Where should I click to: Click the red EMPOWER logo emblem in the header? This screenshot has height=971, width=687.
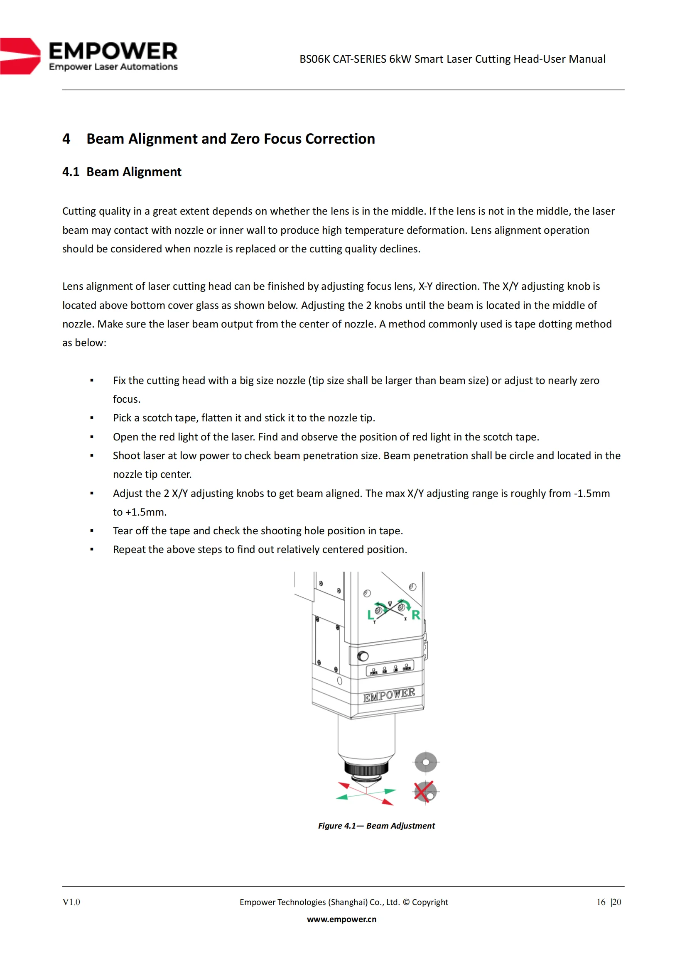click(x=20, y=56)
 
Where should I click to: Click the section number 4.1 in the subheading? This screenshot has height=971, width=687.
click(x=71, y=172)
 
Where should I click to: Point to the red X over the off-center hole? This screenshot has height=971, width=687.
click(x=423, y=791)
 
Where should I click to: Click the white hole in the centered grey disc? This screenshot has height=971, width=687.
click(x=426, y=763)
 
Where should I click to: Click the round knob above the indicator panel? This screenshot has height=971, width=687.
click(x=363, y=656)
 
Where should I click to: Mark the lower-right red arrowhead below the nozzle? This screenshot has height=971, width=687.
click(x=388, y=801)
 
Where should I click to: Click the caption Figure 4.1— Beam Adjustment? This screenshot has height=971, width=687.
click(x=376, y=826)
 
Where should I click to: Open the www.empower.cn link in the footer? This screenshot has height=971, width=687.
click(x=342, y=919)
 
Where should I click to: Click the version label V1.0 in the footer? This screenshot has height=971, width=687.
click(x=71, y=902)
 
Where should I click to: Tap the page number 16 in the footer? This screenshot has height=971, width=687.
click(x=601, y=902)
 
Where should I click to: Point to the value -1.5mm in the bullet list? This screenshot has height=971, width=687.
click(x=592, y=493)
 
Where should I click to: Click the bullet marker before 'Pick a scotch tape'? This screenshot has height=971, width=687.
click(x=92, y=418)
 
